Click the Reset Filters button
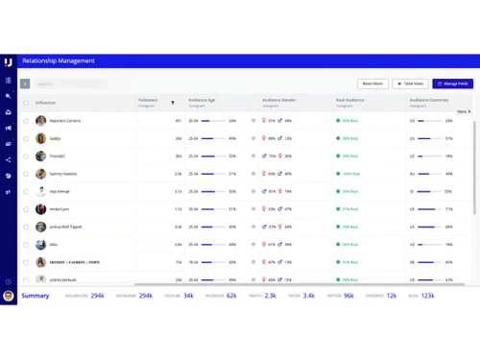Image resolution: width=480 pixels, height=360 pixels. [x=372, y=84]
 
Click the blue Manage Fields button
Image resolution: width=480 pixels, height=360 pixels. [x=452, y=84]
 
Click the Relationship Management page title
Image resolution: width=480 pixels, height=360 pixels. [x=59, y=61]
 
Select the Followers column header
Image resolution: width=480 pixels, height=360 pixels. [x=148, y=100]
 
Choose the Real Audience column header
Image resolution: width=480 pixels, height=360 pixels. [x=350, y=100]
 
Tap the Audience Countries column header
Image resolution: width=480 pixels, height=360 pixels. [x=429, y=100]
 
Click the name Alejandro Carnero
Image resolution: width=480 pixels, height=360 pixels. [x=65, y=121]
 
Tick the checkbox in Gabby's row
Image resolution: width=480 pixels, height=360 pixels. [x=26, y=138]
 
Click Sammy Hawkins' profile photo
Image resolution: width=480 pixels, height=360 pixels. [x=40, y=174]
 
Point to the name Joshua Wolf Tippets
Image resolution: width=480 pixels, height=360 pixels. [x=66, y=227]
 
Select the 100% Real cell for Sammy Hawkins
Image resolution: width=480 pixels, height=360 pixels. [x=349, y=174]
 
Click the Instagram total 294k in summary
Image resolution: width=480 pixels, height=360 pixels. [x=146, y=297]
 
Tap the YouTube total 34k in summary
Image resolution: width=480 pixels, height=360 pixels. [x=188, y=297]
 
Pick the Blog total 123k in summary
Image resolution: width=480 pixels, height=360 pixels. [x=427, y=297]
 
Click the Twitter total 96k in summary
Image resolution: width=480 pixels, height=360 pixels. [x=348, y=297]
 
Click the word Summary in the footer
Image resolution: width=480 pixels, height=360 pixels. [x=36, y=297]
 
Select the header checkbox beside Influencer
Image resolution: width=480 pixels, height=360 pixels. [x=26, y=103]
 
